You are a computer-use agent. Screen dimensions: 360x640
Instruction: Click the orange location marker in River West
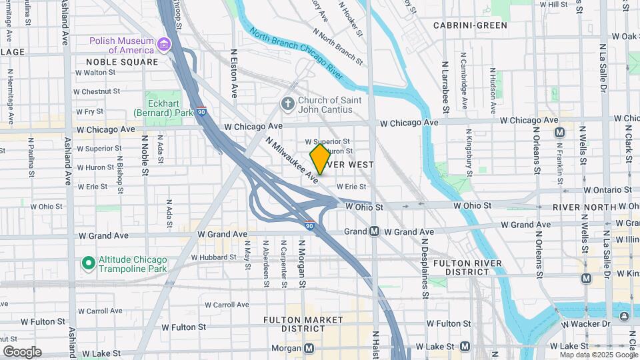(320, 159)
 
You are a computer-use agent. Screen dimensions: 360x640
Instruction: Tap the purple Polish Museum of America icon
(163, 45)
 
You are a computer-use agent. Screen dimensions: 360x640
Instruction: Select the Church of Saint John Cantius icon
(287, 105)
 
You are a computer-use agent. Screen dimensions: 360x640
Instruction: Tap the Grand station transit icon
(375, 231)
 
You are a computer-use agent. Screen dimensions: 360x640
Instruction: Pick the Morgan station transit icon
(309, 347)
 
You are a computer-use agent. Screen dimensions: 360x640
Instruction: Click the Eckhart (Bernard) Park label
(169, 107)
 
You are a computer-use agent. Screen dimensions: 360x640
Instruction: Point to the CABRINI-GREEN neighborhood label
(469, 25)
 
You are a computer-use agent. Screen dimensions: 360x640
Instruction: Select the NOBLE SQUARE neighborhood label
(122, 62)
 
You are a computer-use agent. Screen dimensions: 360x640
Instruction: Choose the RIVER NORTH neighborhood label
(584, 207)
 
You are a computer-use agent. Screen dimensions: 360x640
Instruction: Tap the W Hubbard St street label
(215, 257)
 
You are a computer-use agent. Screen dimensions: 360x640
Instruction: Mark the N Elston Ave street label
(234, 73)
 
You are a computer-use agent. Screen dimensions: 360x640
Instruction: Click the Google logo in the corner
(22, 351)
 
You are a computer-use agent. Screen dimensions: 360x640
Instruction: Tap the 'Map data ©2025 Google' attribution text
(598, 355)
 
